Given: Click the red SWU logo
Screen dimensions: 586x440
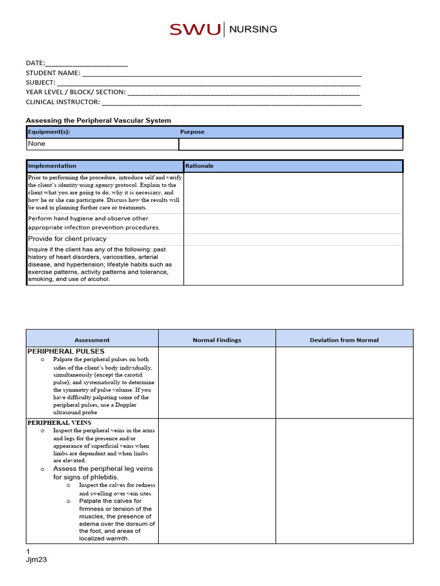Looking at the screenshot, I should (x=194, y=30).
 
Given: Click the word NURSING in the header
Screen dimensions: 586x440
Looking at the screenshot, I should (x=253, y=29).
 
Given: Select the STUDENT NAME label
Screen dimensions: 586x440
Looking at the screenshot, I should (x=53, y=73).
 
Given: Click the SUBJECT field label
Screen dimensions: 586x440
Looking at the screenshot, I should (x=40, y=83).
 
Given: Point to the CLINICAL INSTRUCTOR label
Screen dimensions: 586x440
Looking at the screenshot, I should (x=62, y=102).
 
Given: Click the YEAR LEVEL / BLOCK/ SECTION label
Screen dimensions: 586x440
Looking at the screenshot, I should (x=76, y=93).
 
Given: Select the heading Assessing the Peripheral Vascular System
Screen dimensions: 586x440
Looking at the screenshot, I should (x=99, y=120).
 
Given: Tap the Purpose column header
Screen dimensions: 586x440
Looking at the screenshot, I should (x=192, y=132).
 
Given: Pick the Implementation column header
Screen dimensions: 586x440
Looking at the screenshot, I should (x=52, y=166).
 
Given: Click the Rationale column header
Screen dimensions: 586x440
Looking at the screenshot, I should (x=199, y=166).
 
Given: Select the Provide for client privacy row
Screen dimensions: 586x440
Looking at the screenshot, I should (x=67, y=239).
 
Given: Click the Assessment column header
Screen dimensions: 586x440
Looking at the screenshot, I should (x=92, y=340).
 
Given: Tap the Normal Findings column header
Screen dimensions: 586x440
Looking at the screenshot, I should (x=217, y=340).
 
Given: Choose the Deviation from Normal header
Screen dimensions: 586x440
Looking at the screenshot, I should (x=344, y=340).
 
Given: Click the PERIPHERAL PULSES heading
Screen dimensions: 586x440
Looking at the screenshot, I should (x=66, y=351).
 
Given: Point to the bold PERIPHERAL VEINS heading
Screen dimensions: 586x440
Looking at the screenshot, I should (x=59, y=423).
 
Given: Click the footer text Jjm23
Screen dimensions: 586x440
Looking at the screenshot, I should (x=36, y=560).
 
